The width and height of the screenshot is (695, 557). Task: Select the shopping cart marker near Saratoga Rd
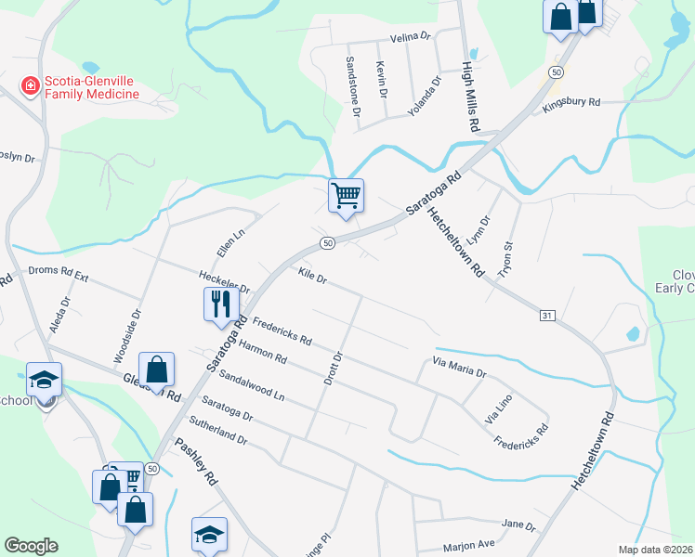coord(346,197)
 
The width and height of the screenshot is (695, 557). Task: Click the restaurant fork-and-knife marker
coord(220,304)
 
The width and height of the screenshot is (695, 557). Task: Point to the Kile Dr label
coord(312,276)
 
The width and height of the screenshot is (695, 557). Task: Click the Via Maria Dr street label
coord(459,367)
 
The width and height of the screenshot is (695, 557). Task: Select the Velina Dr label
coord(413,36)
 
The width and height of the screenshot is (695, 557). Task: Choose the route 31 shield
coord(547,317)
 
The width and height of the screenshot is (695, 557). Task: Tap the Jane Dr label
coord(518,525)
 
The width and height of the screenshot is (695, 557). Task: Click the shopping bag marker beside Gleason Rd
coord(157,369)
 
